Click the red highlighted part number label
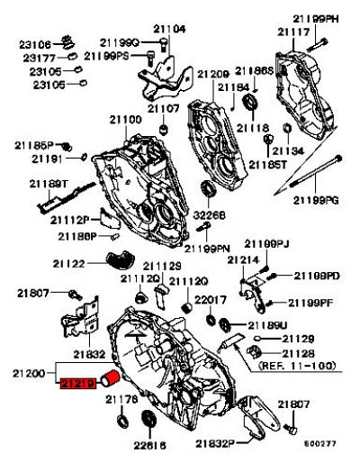point(77,385)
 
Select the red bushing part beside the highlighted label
point(111,378)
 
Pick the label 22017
point(210,299)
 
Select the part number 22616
point(150,443)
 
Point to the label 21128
point(298,353)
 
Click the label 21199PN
point(208,248)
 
